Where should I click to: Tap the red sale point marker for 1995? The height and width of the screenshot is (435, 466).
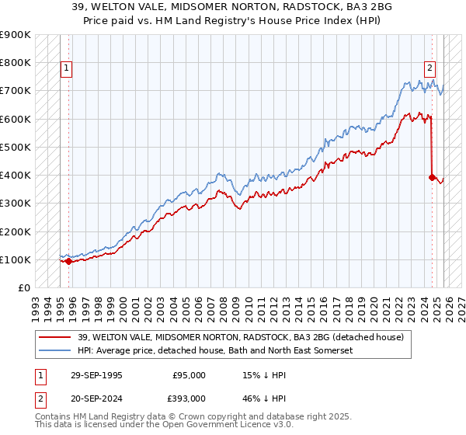(x=69, y=261)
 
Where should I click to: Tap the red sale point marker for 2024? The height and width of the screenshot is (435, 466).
(x=432, y=177)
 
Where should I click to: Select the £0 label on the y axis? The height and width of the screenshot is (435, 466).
(x=24, y=287)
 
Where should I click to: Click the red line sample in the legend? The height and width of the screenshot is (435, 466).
(x=54, y=338)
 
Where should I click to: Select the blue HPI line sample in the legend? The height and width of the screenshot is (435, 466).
(x=54, y=351)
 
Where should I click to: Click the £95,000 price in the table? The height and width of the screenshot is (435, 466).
(x=189, y=375)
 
